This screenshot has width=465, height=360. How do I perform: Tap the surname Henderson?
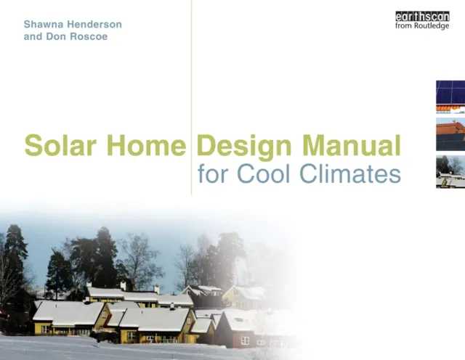coord(94,24)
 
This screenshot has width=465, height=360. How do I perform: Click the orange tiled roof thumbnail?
coord(450,134)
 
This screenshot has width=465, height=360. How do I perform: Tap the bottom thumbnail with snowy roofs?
coord(450,173)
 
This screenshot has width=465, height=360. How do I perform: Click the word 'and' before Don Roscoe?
coord(33,37)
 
